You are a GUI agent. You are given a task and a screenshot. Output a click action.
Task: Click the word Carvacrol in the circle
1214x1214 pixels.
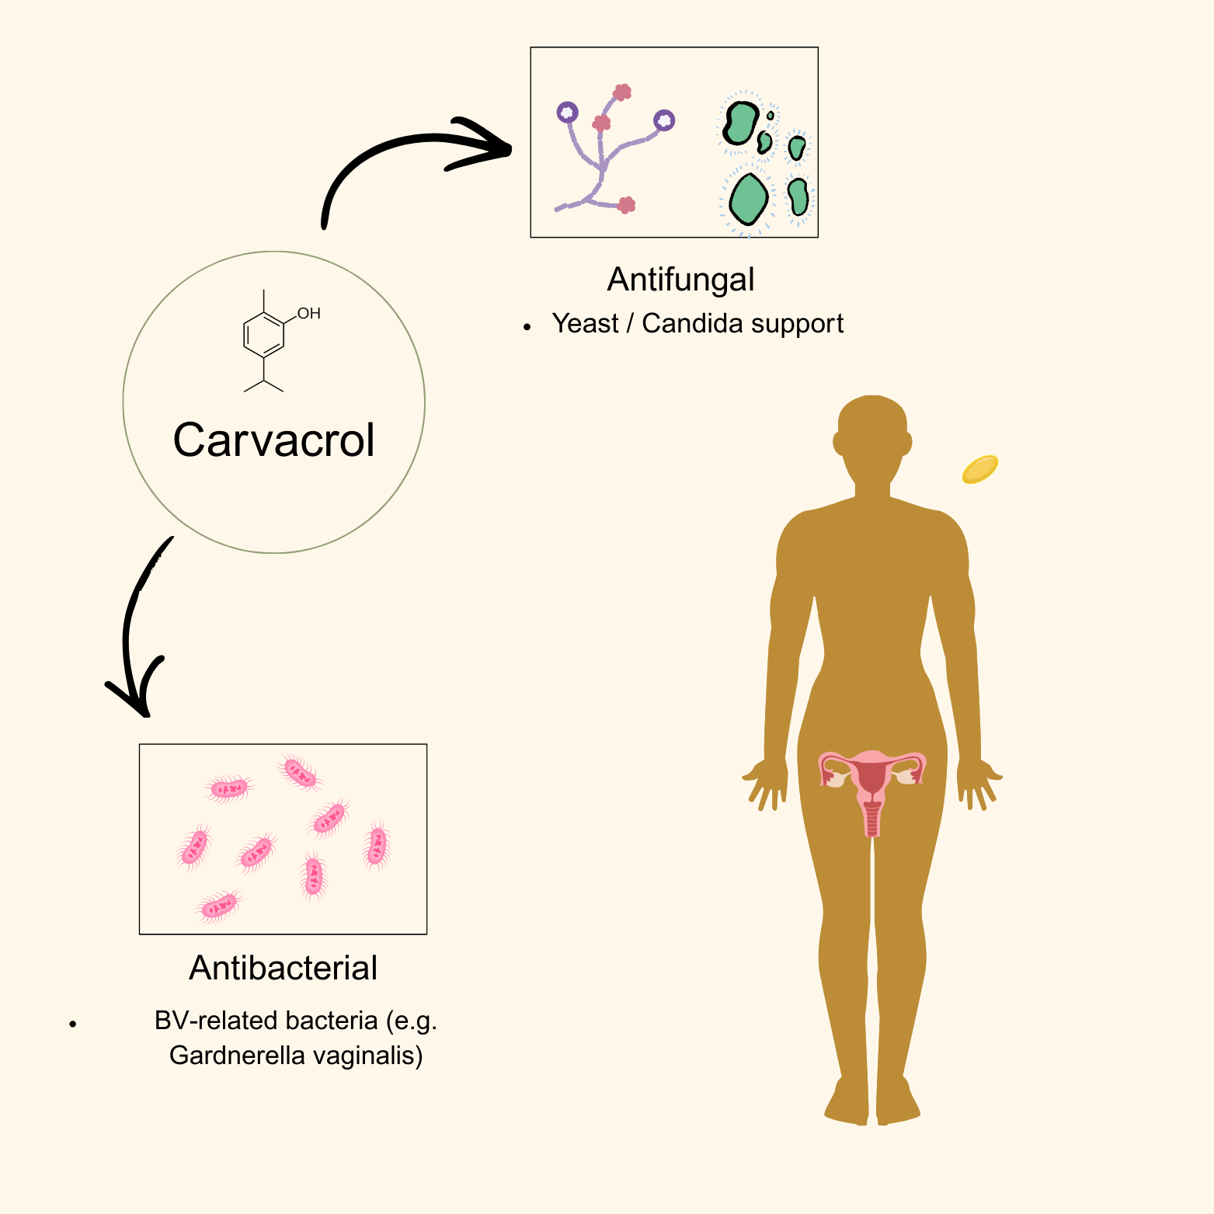pos(273,440)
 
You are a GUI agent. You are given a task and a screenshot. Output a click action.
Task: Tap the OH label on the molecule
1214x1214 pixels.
pos(308,314)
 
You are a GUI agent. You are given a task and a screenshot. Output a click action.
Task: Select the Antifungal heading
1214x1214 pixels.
pos(680,280)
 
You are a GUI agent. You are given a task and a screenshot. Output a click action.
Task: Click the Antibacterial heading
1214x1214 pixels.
pos(283,968)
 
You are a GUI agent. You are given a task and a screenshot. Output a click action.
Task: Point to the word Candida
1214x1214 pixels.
pos(687,323)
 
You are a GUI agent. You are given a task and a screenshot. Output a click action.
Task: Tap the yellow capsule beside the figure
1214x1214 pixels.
pos(979,469)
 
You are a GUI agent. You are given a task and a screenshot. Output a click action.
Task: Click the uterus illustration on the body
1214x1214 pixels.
pos(872,784)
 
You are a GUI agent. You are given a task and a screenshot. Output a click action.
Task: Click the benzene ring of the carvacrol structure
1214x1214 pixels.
pos(263,336)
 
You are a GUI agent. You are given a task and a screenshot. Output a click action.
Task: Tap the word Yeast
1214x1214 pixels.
pos(585,323)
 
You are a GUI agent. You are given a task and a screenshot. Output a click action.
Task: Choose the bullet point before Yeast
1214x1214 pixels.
pos(527,327)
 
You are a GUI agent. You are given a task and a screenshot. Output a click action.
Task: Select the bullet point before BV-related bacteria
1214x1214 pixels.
pos(73,1024)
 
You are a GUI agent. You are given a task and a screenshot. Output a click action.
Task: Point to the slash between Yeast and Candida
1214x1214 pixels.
pos(630,323)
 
